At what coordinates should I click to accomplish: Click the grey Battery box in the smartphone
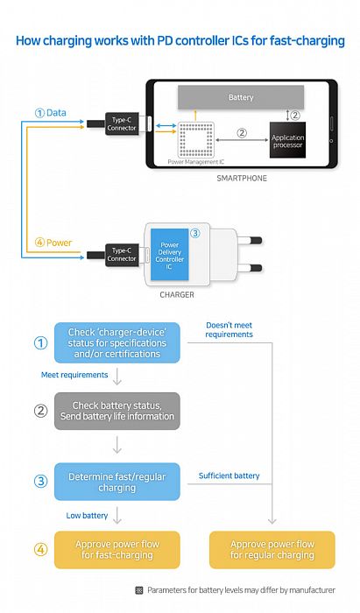[x=241, y=96]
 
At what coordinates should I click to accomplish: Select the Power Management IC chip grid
[x=195, y=139]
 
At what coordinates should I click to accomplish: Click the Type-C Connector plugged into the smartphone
[x=121, y=124]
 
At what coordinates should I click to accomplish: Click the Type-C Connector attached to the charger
[x=121, y=255]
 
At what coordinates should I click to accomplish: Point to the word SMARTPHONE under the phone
[x=241, y=178]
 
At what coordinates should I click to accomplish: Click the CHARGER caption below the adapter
[x=177, y=295]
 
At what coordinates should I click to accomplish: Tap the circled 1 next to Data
[x=39, y=113]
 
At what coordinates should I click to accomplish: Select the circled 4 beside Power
[x=39, y=243]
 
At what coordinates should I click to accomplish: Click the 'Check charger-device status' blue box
[x=117, y=343]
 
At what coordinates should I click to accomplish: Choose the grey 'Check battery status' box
[x=117, y=410]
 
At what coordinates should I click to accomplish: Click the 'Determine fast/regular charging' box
[x=117, y=482]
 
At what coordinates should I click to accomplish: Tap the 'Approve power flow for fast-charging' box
[x=117, y=549]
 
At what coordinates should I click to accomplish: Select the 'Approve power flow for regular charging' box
[x=272, y=549]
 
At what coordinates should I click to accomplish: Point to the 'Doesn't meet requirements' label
[x=229, y=329]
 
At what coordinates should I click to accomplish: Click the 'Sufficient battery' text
[x=229, y=476]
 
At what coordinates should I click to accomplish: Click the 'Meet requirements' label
[x=75, y=374]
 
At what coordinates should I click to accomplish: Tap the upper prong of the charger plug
[x=251, y=237]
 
